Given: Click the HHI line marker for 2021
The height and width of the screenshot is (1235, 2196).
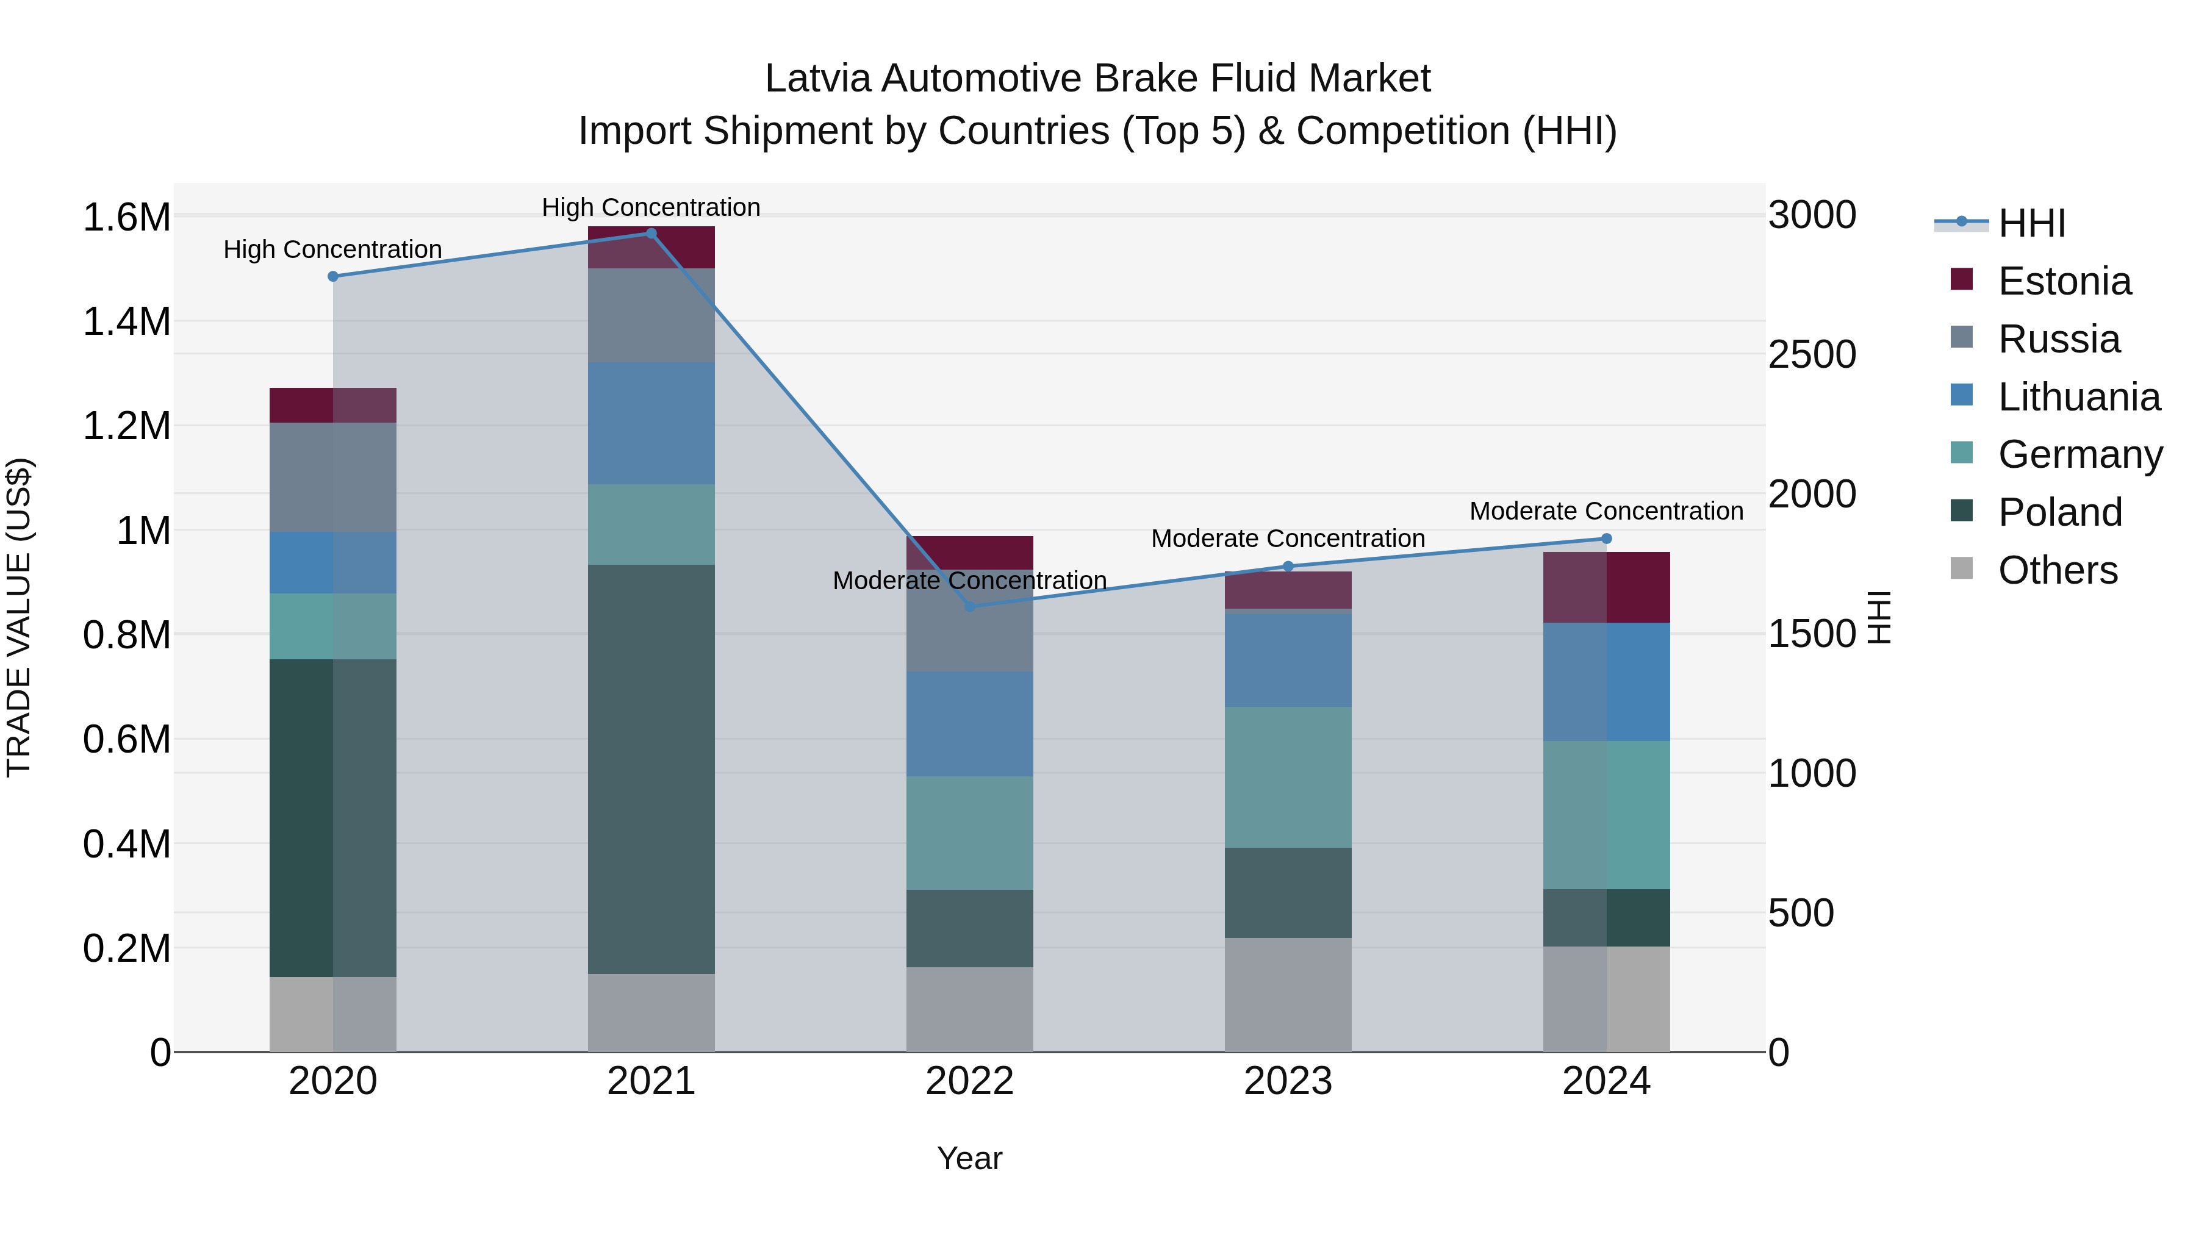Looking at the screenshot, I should [x=651, y=234].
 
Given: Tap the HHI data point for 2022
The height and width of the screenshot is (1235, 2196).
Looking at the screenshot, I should [x=969, y=607].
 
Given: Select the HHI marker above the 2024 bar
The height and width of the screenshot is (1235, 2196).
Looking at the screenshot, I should [x=1606, y=539].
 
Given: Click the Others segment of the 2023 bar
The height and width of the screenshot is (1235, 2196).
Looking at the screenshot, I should [x=1288, y=995].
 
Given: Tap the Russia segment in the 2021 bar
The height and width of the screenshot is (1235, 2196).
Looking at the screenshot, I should [x=651, y=315].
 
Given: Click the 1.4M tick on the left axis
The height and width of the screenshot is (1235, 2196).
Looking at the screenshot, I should [x=126, y=322].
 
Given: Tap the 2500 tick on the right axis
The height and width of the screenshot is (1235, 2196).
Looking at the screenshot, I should [x=1812, y=354].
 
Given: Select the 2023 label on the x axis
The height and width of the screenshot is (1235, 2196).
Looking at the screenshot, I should [x=1288, y=1081].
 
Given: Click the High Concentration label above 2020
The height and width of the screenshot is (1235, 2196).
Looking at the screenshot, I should [x=332, y=249].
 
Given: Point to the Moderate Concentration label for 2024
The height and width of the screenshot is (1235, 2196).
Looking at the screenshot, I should [x=1606, y=512].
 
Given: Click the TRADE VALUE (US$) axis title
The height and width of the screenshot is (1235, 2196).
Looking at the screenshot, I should [x=20, y=617].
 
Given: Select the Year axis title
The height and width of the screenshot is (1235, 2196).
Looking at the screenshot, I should [x=969, y=1158].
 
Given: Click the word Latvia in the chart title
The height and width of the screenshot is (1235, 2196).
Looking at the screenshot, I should [x=817, y=79].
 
